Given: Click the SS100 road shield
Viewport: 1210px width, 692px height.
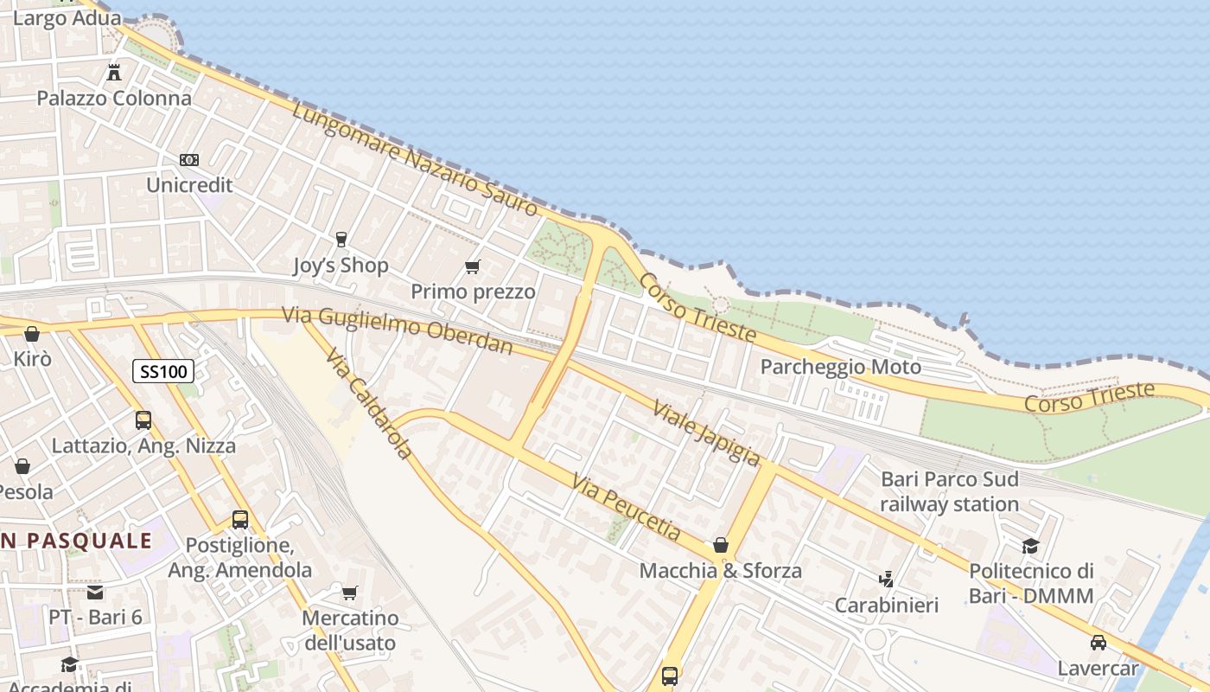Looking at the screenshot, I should pyautogui.click(x=162, y=372).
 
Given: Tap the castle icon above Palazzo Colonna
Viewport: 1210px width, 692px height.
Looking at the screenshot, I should pyautogui.click(x=114, y=72).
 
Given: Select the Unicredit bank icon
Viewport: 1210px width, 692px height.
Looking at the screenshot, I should pyautogui.click(x=189, y=160).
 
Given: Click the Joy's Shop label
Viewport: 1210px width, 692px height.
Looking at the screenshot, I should pyautogui.click(x=341, y=266).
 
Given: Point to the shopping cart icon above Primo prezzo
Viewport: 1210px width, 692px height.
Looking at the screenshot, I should pyautogui.click(x=472, y=266).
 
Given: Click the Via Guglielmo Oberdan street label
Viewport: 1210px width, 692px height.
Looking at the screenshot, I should pyautogui.click(x=398, y=330).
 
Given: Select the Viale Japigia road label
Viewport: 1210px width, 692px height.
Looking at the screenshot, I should pyautogui.click(x=706, y=432).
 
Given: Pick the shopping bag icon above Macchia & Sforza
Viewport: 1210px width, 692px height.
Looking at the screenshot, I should pyautogui.click(x=720, y=545).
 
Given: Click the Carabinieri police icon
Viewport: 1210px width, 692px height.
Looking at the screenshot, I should pyautogui.click(x=886, y=579).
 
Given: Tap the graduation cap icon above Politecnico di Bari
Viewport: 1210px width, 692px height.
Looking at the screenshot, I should pyautogui.click(x=1030, y=546).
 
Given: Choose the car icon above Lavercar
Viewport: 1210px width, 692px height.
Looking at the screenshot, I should pyautogui.click(x=1098, y=643).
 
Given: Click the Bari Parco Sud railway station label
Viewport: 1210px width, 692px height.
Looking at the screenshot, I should pyautogui.click(x=949, y=491).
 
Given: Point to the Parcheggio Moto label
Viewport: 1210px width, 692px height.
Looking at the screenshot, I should pyautogui.click(x=840, y=367).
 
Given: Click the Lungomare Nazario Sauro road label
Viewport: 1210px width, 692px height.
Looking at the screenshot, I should pyautogui.click(x=415, y=159).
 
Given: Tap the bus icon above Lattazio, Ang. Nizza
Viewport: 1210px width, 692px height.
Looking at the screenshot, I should pyautogui.click(x=143, y=420).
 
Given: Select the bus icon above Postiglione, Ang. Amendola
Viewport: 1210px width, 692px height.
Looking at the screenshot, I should pyautogui.click(x=240, y=520).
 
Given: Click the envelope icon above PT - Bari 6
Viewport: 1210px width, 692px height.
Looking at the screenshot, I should pyautogui.click(x=95, y=593).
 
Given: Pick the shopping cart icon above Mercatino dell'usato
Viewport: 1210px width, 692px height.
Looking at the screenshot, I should pyautogui.click(x=349, y=593).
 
